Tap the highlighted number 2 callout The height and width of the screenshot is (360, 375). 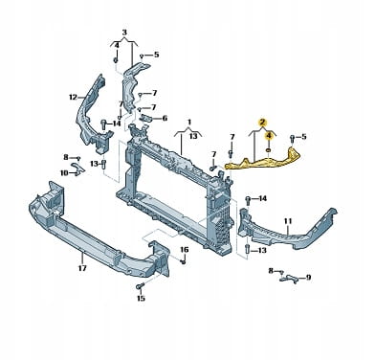click(x=262, y=122)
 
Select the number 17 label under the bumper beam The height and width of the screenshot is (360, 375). click(x=82, y=268)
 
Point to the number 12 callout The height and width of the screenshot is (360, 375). click(x=73, y=97)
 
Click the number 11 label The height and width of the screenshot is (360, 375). click(x=288, y=221)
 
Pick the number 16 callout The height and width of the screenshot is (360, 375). click(x=185, y=249)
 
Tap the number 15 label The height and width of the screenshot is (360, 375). click(x=141, y=298)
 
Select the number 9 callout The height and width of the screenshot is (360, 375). click(x=308, y=278)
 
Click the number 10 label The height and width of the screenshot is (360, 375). click(x=64, y=172)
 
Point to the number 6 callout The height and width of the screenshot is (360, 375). click(x=165, y=119)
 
